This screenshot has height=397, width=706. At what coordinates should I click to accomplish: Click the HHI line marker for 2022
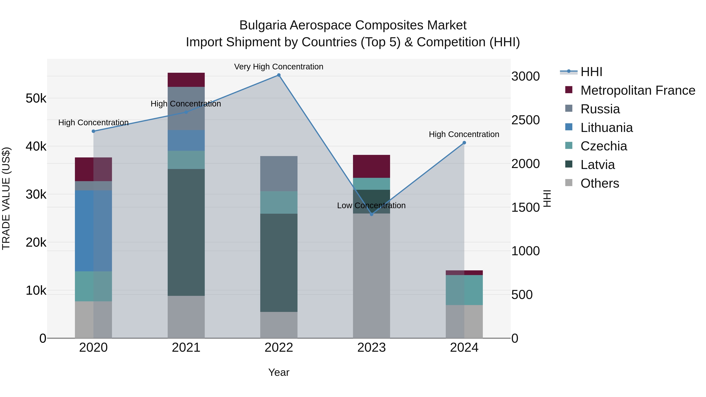pyautogui.click(x=279, y=75)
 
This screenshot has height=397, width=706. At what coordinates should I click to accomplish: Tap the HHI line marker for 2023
pyautogui.click(x=371, y=214)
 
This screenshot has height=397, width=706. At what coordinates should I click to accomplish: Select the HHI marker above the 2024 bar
pyautogui.click(x=464, y=143)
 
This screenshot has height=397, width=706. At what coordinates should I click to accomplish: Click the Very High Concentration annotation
pyautogui.click(x=278, y=67)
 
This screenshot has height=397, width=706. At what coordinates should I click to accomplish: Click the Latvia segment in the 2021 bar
pyautogui.click(x=186, y=232)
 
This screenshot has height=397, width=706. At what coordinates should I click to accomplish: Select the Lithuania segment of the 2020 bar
pyautogui.click(x=93, y=231)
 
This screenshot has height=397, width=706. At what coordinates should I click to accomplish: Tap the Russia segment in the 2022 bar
pyautogui.click(x=279, y=174)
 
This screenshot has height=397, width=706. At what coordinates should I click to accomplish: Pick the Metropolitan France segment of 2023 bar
pyautogui.click(x=371, y=166)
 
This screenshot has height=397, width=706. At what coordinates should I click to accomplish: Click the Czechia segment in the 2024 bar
pyautogui.click(x=464, y=290)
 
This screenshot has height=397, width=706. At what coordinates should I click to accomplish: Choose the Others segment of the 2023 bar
pyautogui.click(x=371, y=276)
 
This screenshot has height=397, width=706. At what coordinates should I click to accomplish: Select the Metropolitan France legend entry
pyautogui.click(x=638, y=90)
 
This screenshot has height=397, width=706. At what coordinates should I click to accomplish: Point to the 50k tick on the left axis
pyautogui.click(x=36, y=98)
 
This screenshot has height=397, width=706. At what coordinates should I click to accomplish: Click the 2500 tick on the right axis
pyautogui.click(x=525, y=120)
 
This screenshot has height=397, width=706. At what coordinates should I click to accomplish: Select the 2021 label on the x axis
pyautogui.click(x=186, y=348)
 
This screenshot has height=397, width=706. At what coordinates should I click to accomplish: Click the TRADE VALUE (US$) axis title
pyautogui.click(x=6, y=198)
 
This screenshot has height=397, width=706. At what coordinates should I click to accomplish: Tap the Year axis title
pyautogui.click(x=279, y=372)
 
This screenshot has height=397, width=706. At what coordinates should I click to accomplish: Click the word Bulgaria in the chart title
pyautogui.click(x=263, y=25)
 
